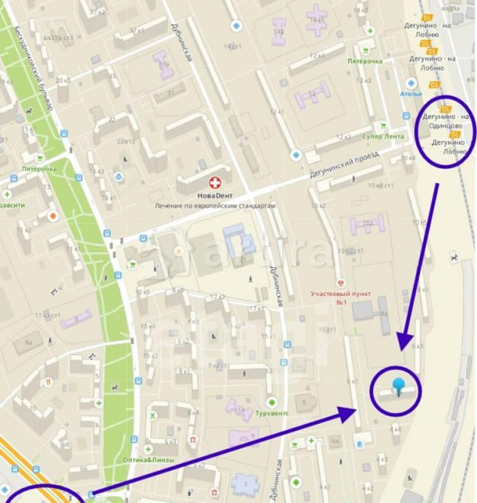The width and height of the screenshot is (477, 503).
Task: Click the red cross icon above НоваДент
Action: tap(215, 182)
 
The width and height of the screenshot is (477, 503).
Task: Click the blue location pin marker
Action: tap(398, 387)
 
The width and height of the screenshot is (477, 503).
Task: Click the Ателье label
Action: tap(411, 94)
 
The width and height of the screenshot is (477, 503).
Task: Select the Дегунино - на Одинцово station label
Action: tap(445, 122)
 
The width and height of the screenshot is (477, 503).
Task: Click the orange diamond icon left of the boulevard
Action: tap(52, 216)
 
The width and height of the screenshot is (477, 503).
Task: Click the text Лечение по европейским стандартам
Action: tap(215, 205)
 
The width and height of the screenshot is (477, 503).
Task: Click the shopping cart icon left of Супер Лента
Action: tap(383, 126)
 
